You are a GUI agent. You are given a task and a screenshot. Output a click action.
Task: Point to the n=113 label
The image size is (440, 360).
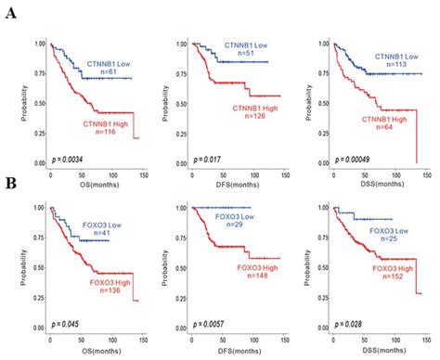click(x=383, y=65)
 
